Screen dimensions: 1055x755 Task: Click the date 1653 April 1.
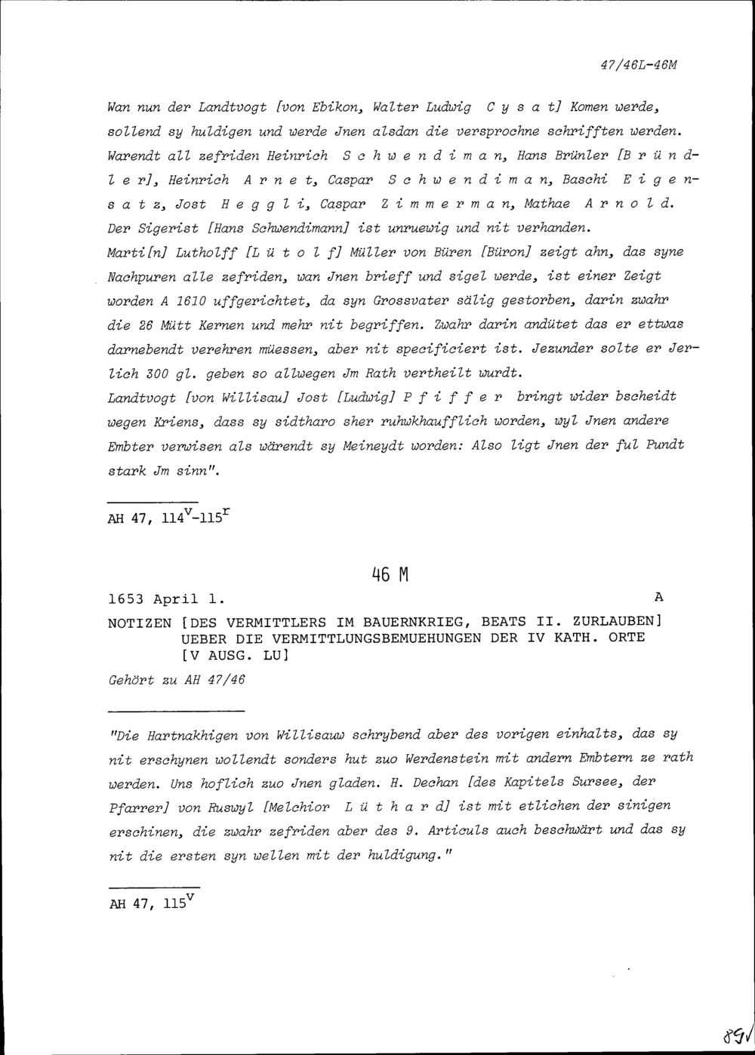(166, 601)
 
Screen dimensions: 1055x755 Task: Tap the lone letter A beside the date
(658, 597)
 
